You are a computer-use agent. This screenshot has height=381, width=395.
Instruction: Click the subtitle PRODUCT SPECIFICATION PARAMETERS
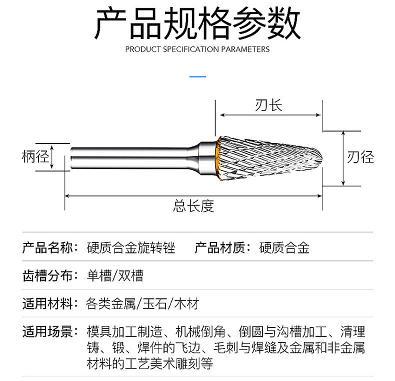pos(197,49)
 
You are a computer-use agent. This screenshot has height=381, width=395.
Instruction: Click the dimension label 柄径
pos(35,157)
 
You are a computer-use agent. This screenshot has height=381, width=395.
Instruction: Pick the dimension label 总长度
pos(193,205)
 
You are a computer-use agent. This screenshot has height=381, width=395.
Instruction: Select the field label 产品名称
pos(47,247)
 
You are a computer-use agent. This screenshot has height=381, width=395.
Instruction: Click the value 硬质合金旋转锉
pos(131,247)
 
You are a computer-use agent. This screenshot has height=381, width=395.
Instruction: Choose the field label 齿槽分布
pos(47,275)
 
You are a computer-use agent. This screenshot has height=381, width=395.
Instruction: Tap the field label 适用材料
pos(47,303)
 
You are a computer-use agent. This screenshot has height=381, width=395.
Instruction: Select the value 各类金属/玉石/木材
pos(142,303)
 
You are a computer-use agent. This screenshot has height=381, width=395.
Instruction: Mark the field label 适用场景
pos(47,331)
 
